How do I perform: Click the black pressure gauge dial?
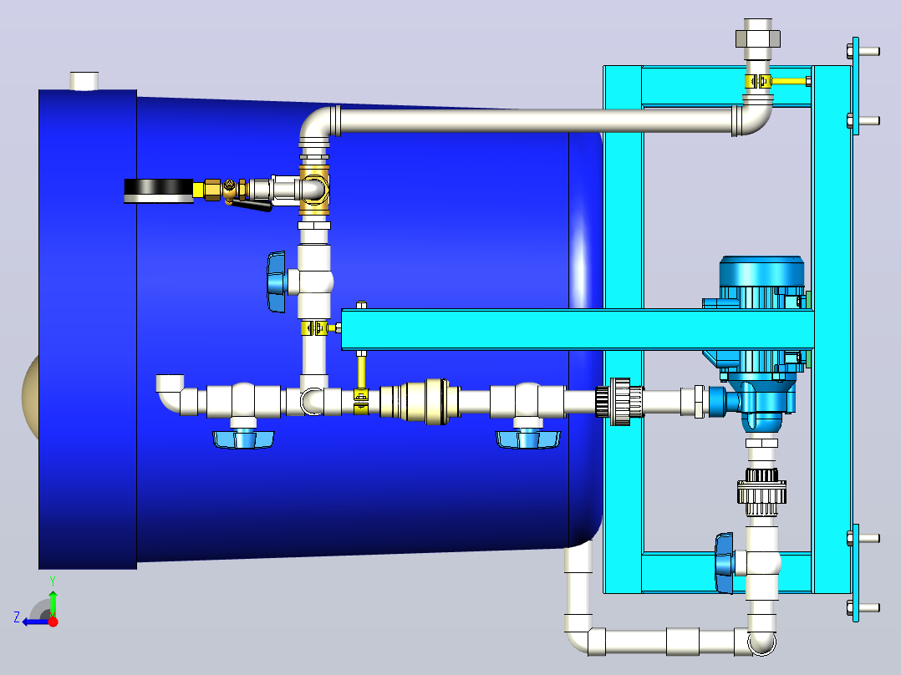(x=159, y=190)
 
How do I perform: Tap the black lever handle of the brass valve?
(x=251, y=205)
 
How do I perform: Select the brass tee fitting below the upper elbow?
(x=314, y=190)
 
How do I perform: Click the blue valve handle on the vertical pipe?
(x=277, y=282)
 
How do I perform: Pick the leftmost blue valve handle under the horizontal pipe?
(x=244, y=439)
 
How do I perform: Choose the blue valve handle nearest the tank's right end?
(x=527, y=439)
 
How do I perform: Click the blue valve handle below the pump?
(x=725, y=563)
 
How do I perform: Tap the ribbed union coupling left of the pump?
(x=618, y=402)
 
